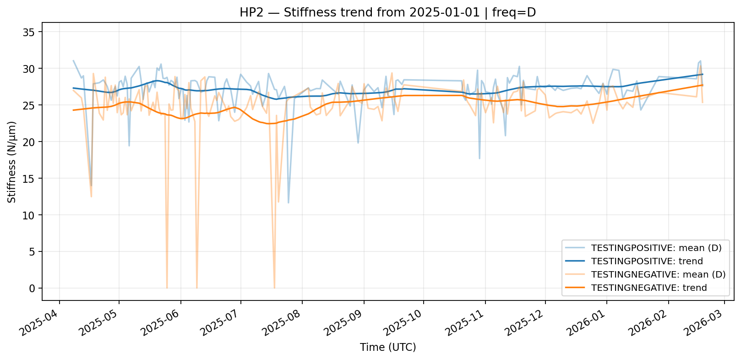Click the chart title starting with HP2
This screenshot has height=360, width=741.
tap(387, 12)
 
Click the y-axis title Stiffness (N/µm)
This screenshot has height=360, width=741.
tap(12, 162)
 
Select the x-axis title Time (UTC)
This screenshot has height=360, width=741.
tap(388, 347)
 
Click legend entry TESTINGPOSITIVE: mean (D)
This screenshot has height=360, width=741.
tap(656, 248)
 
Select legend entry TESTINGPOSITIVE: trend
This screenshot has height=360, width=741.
tap(647, 262)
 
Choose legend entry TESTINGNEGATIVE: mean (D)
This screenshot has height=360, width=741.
tap(658, 275)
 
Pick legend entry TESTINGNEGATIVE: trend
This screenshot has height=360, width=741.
tap(649, 288)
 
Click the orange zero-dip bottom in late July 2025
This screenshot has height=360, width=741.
tap(274, 288)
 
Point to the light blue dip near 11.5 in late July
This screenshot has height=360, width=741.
tap(288, 203)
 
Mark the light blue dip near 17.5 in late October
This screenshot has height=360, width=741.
tap(479, 158)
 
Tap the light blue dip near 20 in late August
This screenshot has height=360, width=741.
tap(358, 143)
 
